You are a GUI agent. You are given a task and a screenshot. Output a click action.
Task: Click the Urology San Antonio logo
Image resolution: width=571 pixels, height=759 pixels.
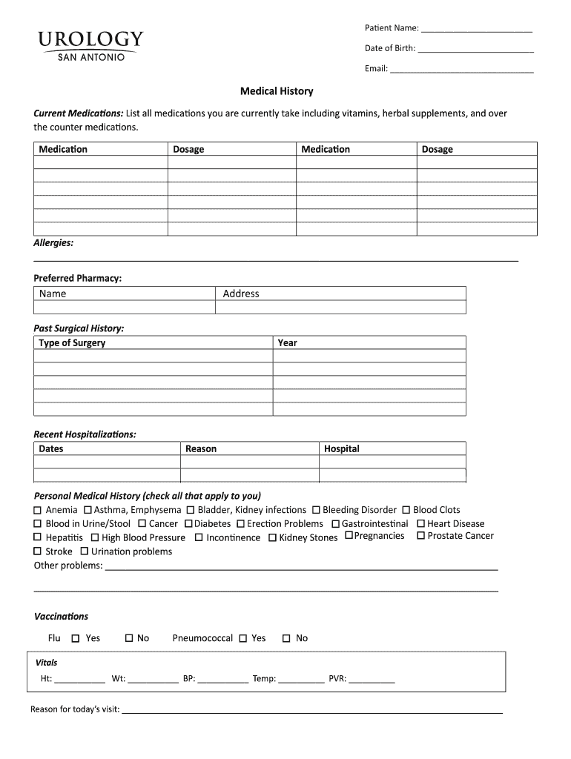(x=90, y=45)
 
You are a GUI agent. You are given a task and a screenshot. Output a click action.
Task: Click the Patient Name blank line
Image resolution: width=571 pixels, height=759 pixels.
(x=477, y=29)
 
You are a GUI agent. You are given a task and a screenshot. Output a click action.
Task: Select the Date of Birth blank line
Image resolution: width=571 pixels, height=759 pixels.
(x=475, y=49)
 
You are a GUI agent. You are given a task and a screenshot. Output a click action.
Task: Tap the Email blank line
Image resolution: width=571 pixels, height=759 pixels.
(x=462, y=69)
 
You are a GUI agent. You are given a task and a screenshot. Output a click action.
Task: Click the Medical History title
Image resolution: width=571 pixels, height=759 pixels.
(x=277, y=91)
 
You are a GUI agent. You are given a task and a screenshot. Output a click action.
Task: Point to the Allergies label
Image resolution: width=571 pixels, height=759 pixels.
(x=53, y=243)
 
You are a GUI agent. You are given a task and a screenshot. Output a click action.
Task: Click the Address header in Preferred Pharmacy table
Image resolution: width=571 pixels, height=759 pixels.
(x=241, y=294)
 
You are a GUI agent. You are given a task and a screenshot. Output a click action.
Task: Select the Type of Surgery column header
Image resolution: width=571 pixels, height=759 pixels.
(x=72, y=343)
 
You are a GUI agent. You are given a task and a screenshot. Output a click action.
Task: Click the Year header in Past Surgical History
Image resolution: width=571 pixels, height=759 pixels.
(x=287, y=343)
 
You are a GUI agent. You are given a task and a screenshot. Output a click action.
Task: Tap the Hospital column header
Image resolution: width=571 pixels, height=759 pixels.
(x=341, y=449)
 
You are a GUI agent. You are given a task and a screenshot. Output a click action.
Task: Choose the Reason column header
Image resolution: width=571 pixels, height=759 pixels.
(x=201, y=449)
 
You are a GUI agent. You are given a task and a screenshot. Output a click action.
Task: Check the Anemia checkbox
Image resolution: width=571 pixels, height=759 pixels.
(x=38, y=511)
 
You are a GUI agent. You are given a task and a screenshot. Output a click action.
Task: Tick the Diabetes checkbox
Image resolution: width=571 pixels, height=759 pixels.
(x=188, y=524)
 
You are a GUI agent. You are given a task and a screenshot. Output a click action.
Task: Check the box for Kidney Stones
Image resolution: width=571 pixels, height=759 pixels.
(x=272, y=537)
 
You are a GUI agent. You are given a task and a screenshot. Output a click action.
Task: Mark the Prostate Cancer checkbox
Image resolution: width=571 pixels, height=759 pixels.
(x=420, y=536)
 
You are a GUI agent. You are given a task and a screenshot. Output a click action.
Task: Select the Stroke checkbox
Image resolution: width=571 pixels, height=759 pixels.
(x=38, y=551)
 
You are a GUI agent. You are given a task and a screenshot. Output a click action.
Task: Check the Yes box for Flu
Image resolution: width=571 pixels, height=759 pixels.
(x=75, y=638)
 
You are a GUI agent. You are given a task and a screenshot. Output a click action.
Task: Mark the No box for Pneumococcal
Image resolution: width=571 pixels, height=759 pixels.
(x=286, y=638)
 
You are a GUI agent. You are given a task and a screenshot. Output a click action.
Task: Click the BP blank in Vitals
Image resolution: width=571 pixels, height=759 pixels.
(x=223, y=679)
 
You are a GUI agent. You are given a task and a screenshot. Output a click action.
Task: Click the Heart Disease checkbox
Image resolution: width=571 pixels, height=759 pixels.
(x=420, y=524)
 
